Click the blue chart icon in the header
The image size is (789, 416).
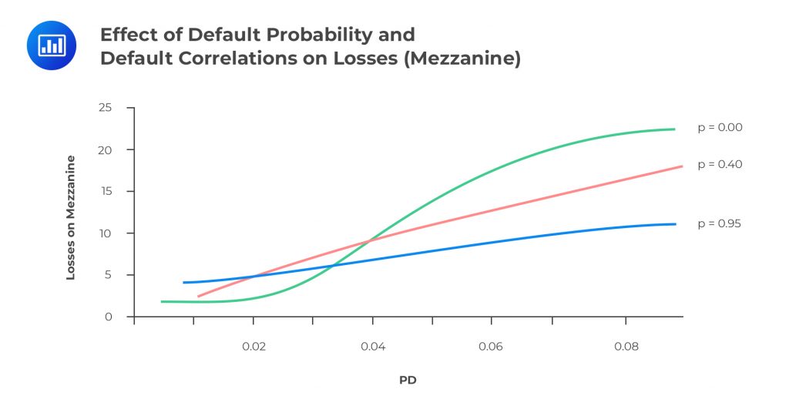click(x=51, y=45)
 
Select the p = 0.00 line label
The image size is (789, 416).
click(x=720, y=128)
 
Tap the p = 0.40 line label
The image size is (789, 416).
click(x=720, y=164)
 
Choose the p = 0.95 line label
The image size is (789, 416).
click(x=720, y=223)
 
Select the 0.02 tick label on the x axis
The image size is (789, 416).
click(x=253, y=347)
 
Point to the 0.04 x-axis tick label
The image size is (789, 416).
click(x=372, y=347)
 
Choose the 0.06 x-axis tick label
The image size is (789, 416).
click(x=491, y=347)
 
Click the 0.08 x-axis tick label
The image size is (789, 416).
click(x=626, y=347)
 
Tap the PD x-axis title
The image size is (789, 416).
click(x=408, y=381)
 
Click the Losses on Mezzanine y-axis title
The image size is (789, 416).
click(x=71, y=217)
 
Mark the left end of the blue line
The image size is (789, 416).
click(x=183, y=283)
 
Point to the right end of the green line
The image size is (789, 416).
click(x=674, y=129)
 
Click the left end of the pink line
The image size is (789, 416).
click(x=198, y=296)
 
